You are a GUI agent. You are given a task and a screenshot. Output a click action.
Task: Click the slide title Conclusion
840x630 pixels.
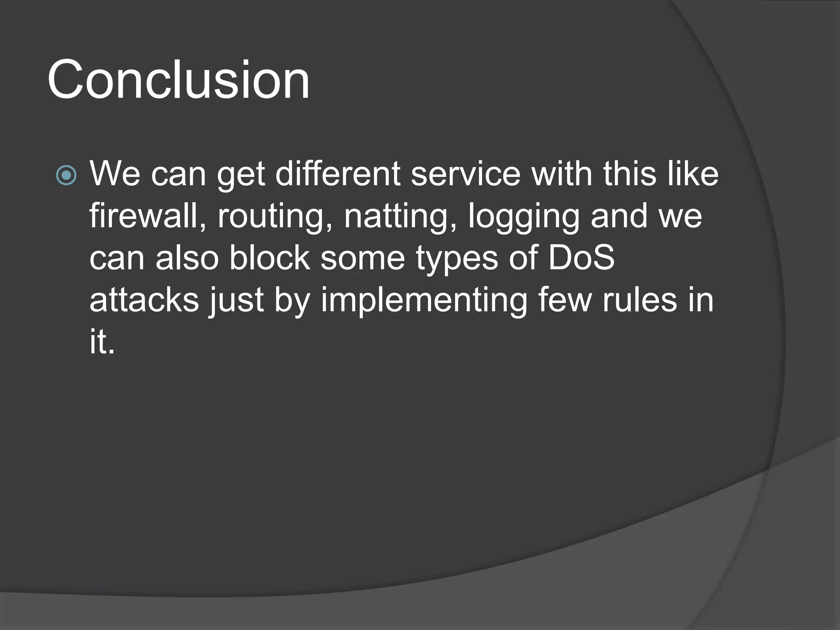pyautogui.click(x=178, y=80)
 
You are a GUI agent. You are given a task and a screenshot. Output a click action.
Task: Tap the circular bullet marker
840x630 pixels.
pyautogui.click(x=66, y=175)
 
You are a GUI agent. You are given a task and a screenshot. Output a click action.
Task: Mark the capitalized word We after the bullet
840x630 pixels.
pyautogui.click(x=115, y=174)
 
